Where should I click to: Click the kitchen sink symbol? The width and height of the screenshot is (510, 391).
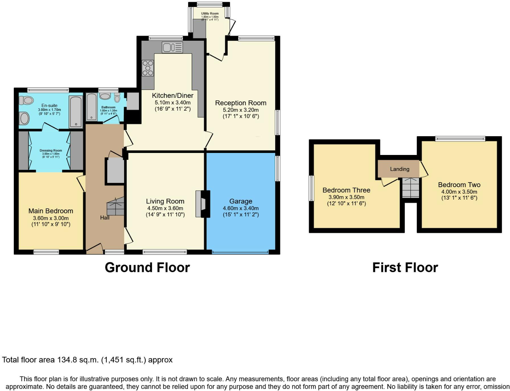coord(172,48)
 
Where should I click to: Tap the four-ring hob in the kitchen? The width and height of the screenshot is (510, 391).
coord(148,68)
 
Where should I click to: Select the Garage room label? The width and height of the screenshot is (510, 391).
coord(241,201)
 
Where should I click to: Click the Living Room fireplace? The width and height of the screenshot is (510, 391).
coord(203,204)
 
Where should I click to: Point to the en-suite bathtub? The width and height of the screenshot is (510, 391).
coord(76,112)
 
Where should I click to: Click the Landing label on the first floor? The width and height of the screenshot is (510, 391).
coord(400,169)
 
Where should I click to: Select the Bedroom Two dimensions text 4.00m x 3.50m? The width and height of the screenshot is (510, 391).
coord(459,192)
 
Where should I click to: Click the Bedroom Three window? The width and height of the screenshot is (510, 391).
coord(311,188)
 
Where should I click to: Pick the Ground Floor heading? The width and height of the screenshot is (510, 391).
coord(147,268)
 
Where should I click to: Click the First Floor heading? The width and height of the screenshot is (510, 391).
coord(405,268)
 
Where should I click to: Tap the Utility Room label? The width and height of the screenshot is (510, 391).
coord(210,14)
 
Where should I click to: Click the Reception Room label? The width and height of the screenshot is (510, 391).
coord(241,103)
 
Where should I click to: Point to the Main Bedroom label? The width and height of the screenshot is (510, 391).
coord(51,211)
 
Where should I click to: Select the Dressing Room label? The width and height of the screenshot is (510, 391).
coord(51,150)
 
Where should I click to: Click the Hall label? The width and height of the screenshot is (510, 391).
coord(105,217)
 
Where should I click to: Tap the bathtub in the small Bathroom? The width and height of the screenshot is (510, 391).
coord(91,107)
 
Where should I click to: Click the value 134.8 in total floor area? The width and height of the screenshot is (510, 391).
coord(67,360)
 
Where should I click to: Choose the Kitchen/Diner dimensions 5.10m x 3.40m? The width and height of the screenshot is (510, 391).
coord(172,102)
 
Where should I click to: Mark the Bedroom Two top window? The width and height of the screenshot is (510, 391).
coord(460,139)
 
